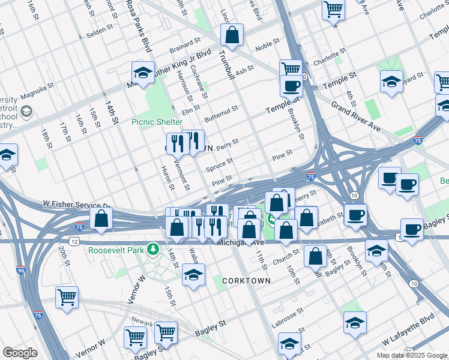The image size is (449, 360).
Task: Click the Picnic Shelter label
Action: (x=157, y=122)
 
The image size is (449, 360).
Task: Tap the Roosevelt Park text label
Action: (x=116, y=250)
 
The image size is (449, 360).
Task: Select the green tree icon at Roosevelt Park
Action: (x=154, y=248)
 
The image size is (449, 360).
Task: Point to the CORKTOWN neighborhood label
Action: (x=246, y=281)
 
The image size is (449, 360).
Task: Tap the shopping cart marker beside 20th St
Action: (x=67, y=297)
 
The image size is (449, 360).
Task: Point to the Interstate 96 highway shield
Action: (x=21, y=271)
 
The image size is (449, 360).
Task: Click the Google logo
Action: (x=20, y=353)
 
